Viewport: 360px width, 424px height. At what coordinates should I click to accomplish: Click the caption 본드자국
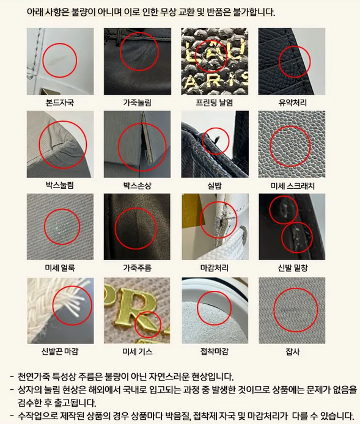coord(60,103)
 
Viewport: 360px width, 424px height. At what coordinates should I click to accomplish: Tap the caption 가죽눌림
coord(137,103)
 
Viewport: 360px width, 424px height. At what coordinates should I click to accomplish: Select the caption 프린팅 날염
coord(214,103)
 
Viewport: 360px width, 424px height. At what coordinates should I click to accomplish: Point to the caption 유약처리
coord(292,103)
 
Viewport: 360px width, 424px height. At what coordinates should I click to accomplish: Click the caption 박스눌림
coord(60,186)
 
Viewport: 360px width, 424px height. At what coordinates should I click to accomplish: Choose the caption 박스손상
coord(137,186)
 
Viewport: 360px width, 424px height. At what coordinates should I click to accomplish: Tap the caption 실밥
coord(214,186)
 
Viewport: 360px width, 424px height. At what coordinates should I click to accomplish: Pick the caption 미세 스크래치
coord(292,186)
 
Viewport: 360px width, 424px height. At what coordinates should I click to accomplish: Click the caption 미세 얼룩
coord(60,268)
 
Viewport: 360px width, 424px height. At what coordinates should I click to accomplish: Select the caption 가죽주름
coord(137,268)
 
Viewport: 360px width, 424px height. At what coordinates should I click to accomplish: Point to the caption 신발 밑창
coord(293,268)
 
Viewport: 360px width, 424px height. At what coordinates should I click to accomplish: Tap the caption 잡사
coord(293,351)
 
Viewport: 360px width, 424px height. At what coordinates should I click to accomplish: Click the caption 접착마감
coord(214,351)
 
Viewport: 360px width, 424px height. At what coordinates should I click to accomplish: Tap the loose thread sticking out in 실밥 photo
coord(216,139)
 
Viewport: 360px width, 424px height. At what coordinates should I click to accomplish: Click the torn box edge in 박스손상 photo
coord(147,141)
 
